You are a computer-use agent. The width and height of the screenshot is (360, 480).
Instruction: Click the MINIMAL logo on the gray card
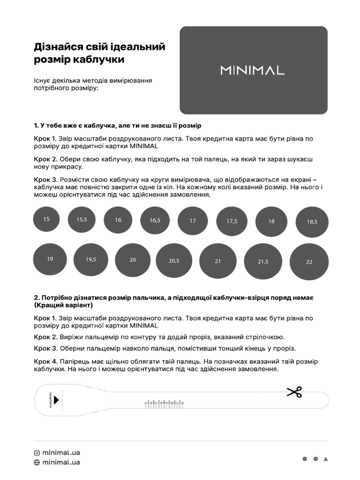[x=252, y=70]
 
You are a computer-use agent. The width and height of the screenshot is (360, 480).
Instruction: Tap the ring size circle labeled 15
[x=46, y=219]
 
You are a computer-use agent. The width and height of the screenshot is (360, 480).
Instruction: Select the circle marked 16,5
[x=155, y=220]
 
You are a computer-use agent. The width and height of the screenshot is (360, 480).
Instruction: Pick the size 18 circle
[x=271, y=221]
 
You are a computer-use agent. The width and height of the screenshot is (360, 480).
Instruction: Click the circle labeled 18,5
[x=312, y=222]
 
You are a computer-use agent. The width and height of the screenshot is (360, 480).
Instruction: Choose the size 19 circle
[x=50, y=259]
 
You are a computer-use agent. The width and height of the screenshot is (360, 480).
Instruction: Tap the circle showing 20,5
[x=174, y=261]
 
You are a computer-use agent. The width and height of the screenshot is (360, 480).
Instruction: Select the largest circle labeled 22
[x=309, y=262]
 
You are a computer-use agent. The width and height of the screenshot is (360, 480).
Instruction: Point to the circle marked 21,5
[x=263, y=262]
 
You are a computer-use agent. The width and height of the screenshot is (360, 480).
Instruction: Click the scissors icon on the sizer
[x=294, y=392]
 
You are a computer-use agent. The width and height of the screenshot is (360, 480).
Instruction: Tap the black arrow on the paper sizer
[x=56, y=400]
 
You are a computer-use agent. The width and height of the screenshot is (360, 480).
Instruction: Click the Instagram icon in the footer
[x=37, y=453]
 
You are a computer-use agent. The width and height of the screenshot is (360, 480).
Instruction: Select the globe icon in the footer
[x=37, y=462]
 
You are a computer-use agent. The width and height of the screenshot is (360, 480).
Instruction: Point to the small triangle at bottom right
[x=326, y=459]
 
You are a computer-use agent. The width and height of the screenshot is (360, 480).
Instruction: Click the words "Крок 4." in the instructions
[x=45, y=361]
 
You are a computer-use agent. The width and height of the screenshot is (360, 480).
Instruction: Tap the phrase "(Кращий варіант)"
[x=63, y=305]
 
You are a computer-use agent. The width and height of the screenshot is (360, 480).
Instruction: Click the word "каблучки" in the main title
[x=102, y=60]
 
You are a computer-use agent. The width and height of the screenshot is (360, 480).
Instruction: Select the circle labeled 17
[x=193, y=220]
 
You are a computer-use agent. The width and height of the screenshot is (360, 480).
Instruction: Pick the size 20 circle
[x=133, y=260]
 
